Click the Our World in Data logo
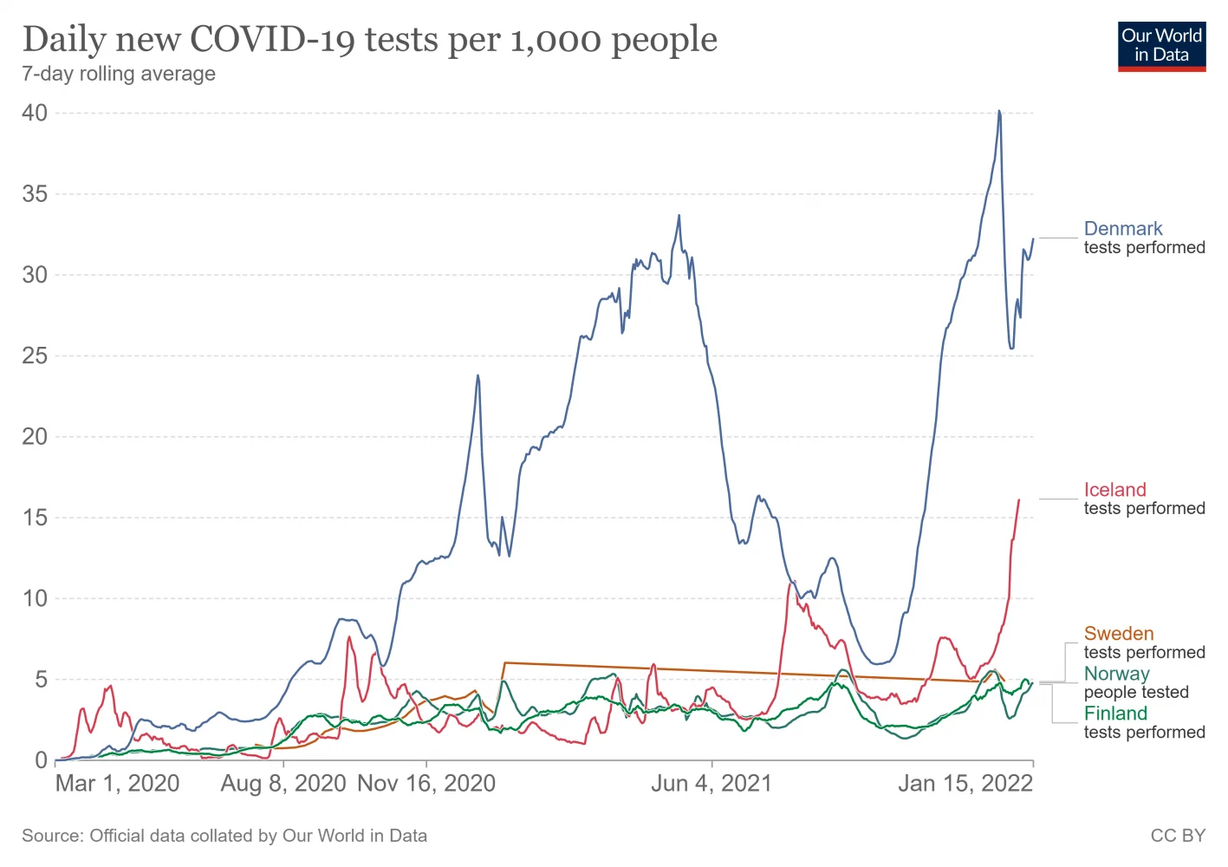point(1161,46)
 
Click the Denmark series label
point(1123,229)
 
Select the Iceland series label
point(1114,490)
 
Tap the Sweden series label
point(1118,634)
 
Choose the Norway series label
point(1116,674)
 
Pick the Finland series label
point(1115,714)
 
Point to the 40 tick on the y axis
point(35,113)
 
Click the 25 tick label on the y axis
point(35,355)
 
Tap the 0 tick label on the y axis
point(41,760)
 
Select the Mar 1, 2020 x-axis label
point(117,784)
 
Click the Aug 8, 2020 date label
point(283,784)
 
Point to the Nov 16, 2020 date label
point(426,784)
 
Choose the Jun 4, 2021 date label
point(711,784)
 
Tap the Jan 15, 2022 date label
point(965,784)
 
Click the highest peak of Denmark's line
point(999,111)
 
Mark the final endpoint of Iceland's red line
point(1019,499)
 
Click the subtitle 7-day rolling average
point(119,74)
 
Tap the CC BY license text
point(1178,836)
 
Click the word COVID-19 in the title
point(271,39)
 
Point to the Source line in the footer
point(224,836)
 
